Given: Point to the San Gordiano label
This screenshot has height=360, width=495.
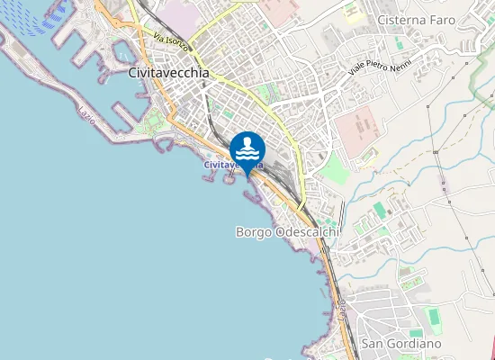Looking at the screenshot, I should (400, 344).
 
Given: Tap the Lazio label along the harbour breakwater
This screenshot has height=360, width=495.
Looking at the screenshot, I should (87, 115).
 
